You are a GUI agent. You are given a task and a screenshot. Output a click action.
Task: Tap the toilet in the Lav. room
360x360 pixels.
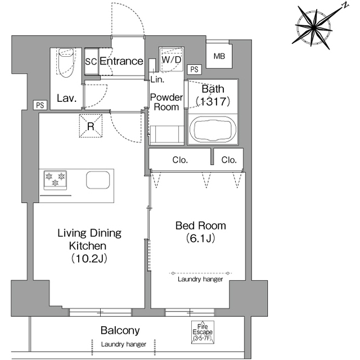pyautogui.click(x=66, y=62)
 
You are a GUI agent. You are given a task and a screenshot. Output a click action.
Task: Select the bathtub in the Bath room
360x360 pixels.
pyautogui.click(x=213, y=129)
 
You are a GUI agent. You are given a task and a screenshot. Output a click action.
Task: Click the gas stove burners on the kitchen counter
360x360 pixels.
pyautogui.click(x=55, y=180)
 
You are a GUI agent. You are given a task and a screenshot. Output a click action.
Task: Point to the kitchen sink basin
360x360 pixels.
pyautogui.click(x=98, y=180)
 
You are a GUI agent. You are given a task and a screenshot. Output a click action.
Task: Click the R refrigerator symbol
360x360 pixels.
pyautogui.click(x=91, y=126)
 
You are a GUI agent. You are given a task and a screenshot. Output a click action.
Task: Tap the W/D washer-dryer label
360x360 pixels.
pyautogui.click(x=172, y=60)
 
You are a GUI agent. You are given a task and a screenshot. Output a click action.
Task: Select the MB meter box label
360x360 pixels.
pyautogui.click(x=219, y=56)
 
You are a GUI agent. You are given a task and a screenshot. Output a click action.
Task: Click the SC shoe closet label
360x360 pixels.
pyautogui.click(x=91, y=61)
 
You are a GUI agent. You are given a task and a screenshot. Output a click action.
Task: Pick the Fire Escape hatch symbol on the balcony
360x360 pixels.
pyautogui.click(x=202, y=332)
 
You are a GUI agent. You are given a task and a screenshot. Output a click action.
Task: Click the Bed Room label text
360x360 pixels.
pyautogui.click(x=201, y=226)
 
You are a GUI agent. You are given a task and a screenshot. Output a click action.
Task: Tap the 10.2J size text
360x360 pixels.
pyautogui.click(x=89, y=259)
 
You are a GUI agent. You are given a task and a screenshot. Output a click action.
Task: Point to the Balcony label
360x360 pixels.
pyautogui.click(x=120, y=331)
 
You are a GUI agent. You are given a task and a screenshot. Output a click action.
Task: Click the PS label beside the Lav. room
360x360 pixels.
pyautogui.click(x=40, y=105)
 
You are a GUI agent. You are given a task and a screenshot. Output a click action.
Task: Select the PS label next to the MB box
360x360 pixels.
pyautogui.click(x=194, y=69)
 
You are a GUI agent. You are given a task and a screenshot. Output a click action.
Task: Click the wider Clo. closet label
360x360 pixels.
pyautogui.click(x=180, y=160)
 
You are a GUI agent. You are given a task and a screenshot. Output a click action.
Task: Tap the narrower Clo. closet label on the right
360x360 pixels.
pyautogui.click(x=229, y=160)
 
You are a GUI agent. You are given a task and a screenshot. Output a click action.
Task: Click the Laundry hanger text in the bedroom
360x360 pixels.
pyautogui.click(x=200, y=279)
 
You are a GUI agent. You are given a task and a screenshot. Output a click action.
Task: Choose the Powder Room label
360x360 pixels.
pyautogui.click(x=166, y=102)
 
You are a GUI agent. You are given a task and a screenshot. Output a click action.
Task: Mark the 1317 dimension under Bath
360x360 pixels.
pyautogui.click(x=213, y=101)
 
